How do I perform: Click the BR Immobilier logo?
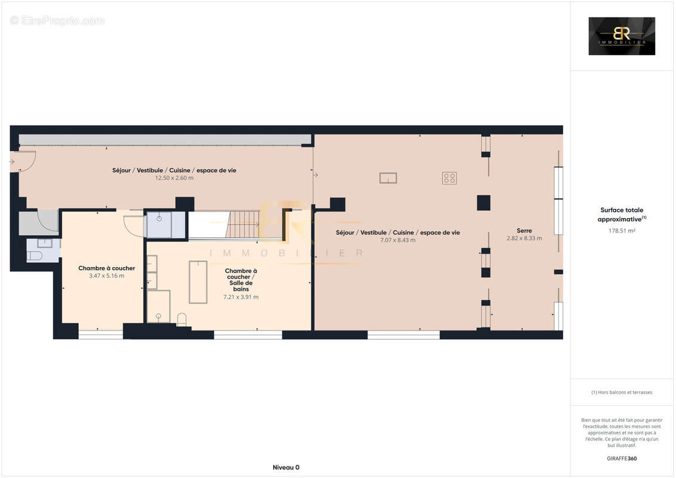tap(622, 36)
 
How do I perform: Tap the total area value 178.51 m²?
tap(622, 230)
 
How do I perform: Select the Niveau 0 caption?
tap(286, 467)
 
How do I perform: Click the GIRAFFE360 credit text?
tap(622, 459)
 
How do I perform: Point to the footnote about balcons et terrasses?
tap(622, 393)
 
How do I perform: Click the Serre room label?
tap(524, 230)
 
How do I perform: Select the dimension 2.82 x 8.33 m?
tap(524, 238)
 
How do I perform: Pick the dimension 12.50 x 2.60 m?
tap(174, 178)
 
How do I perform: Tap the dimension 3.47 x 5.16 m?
tap(106, 276)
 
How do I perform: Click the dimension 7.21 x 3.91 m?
tap(241, 297)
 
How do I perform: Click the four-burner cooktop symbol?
tap(449, 177)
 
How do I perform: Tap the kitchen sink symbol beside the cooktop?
tap(388, 177)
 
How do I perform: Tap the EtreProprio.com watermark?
tap(57, 20)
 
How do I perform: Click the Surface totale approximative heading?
tap(622, 215)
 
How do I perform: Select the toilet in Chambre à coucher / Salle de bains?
tap(182, 318)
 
